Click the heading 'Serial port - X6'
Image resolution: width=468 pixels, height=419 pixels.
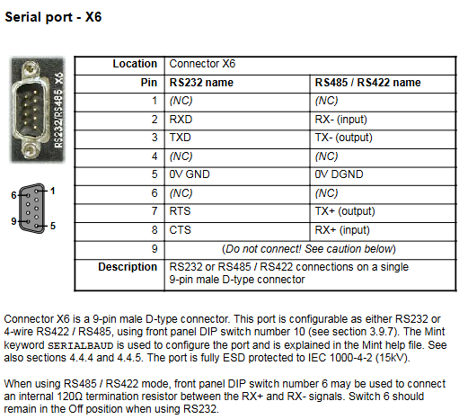point(53,17)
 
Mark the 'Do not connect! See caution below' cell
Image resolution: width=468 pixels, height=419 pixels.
point(309,249)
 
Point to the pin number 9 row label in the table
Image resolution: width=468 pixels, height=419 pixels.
point(155,249)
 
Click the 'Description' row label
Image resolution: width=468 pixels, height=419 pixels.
point(128,267)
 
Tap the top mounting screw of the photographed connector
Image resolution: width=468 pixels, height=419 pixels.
point(31,68)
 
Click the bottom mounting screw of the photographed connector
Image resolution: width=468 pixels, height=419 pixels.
point(31,150)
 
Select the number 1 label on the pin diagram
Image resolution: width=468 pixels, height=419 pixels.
point(53,191)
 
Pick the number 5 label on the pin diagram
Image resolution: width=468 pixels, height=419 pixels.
point(53,226)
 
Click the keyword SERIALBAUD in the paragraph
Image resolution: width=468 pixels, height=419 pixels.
point(81,345)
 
